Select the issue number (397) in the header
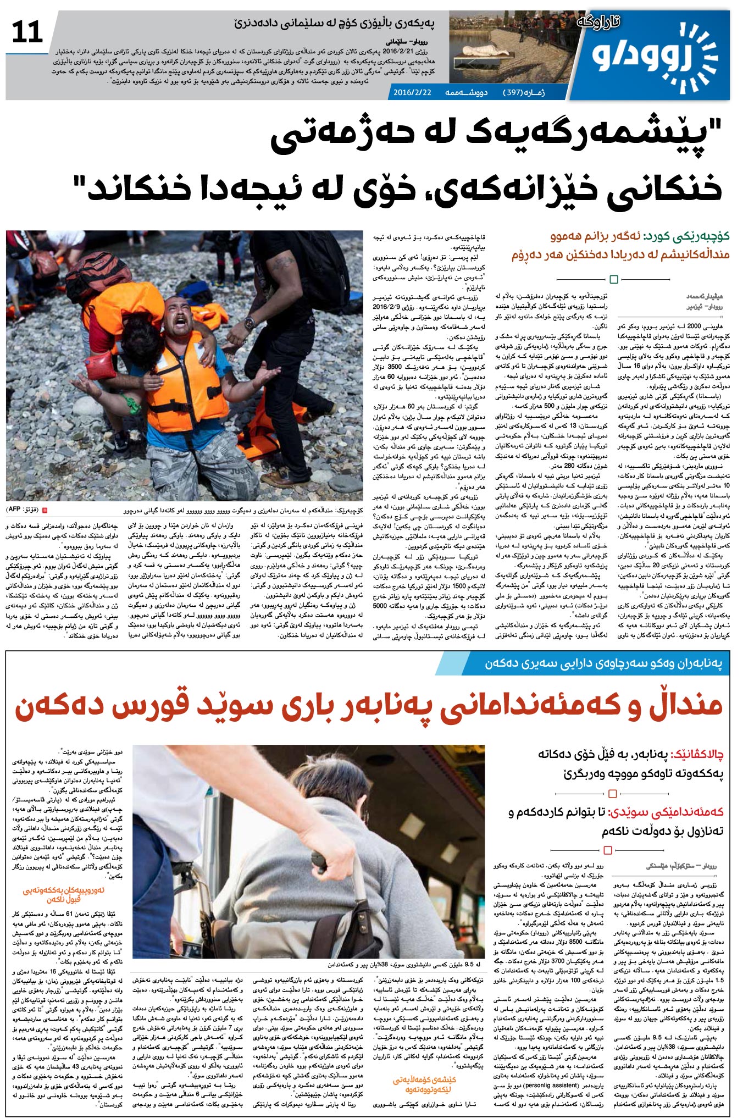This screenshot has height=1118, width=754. point(511,92)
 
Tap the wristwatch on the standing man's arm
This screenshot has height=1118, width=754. point(250,322)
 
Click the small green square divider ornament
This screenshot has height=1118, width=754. point(614,279)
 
